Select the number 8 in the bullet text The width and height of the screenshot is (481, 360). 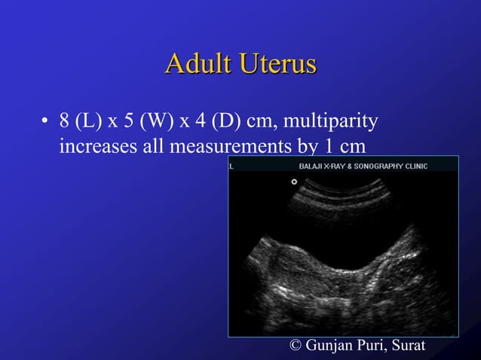coord(65,121)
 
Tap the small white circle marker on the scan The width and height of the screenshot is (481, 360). coord(294,182)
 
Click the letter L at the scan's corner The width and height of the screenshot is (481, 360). coord(232,166)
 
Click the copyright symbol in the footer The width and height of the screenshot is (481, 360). coord(296,346)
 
